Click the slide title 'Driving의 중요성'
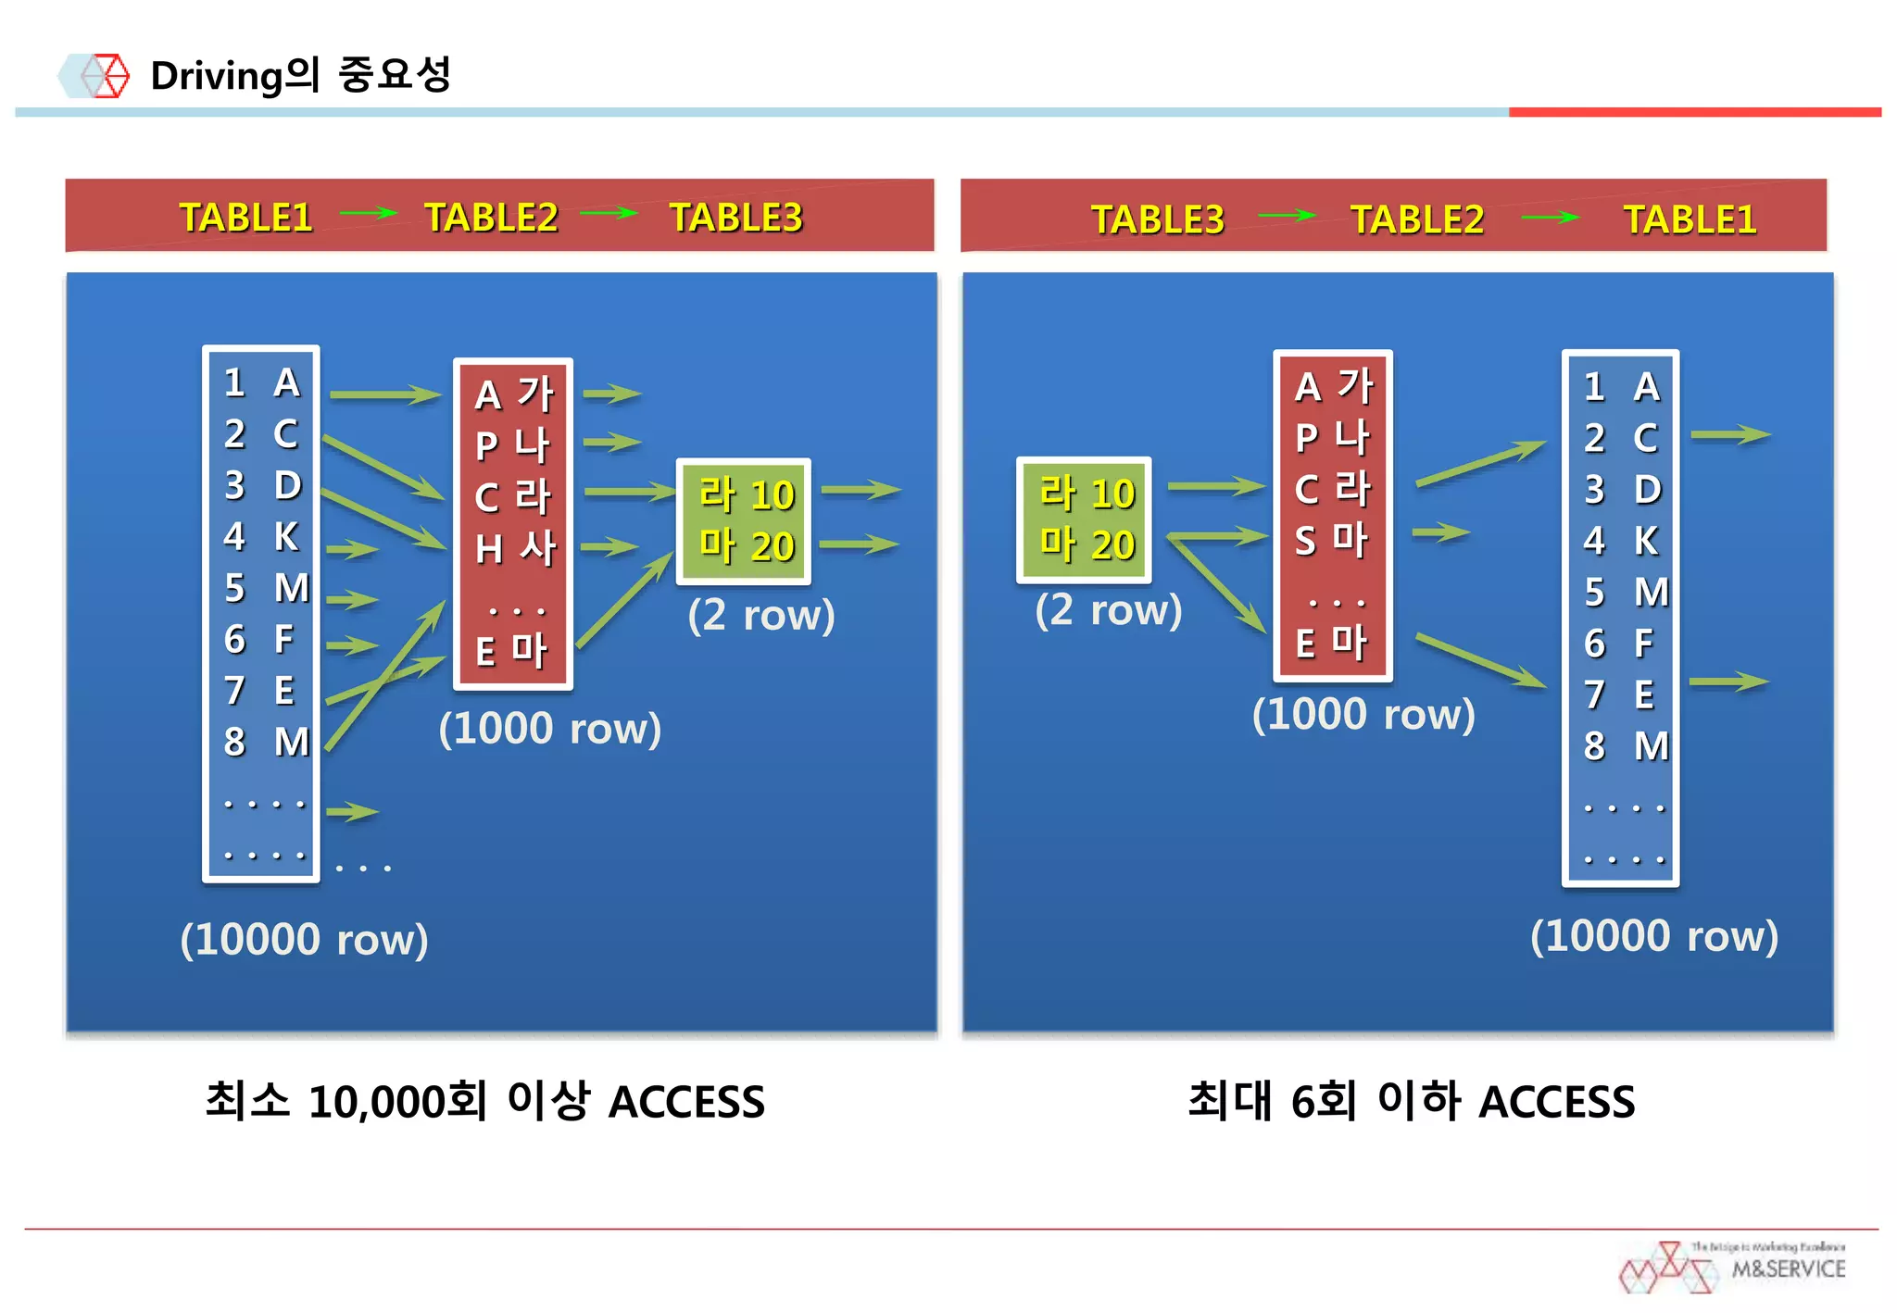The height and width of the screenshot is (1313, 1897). (300, 75)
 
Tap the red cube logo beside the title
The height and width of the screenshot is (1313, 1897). (104, 75)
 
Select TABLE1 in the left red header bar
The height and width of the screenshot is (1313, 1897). (245, 218)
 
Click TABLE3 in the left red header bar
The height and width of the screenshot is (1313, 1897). (735, 218)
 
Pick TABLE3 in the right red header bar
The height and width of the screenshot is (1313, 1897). (1157, 219)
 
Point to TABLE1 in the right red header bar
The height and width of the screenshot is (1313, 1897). (1689, 219)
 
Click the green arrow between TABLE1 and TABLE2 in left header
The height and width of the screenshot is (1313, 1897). (368, 214)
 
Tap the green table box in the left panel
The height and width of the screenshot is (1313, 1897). (744, 520)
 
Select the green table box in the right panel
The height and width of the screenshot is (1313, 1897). (1084, 519)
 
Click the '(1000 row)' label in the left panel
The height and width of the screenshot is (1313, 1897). (549, 729)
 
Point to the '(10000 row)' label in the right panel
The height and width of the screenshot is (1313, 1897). (1653, 936)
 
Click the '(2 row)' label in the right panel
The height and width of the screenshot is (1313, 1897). (1108, 610)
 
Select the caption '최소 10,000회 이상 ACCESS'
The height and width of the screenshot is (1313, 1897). (484, 1101)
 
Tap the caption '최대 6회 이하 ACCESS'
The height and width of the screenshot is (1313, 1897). (1411, 1101)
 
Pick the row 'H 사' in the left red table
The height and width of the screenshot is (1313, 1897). (514, 548)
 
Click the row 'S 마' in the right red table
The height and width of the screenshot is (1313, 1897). (1331, 540)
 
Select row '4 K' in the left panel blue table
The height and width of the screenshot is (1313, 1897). (261, 537)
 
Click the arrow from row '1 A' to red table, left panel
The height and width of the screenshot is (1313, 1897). (384, 395)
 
